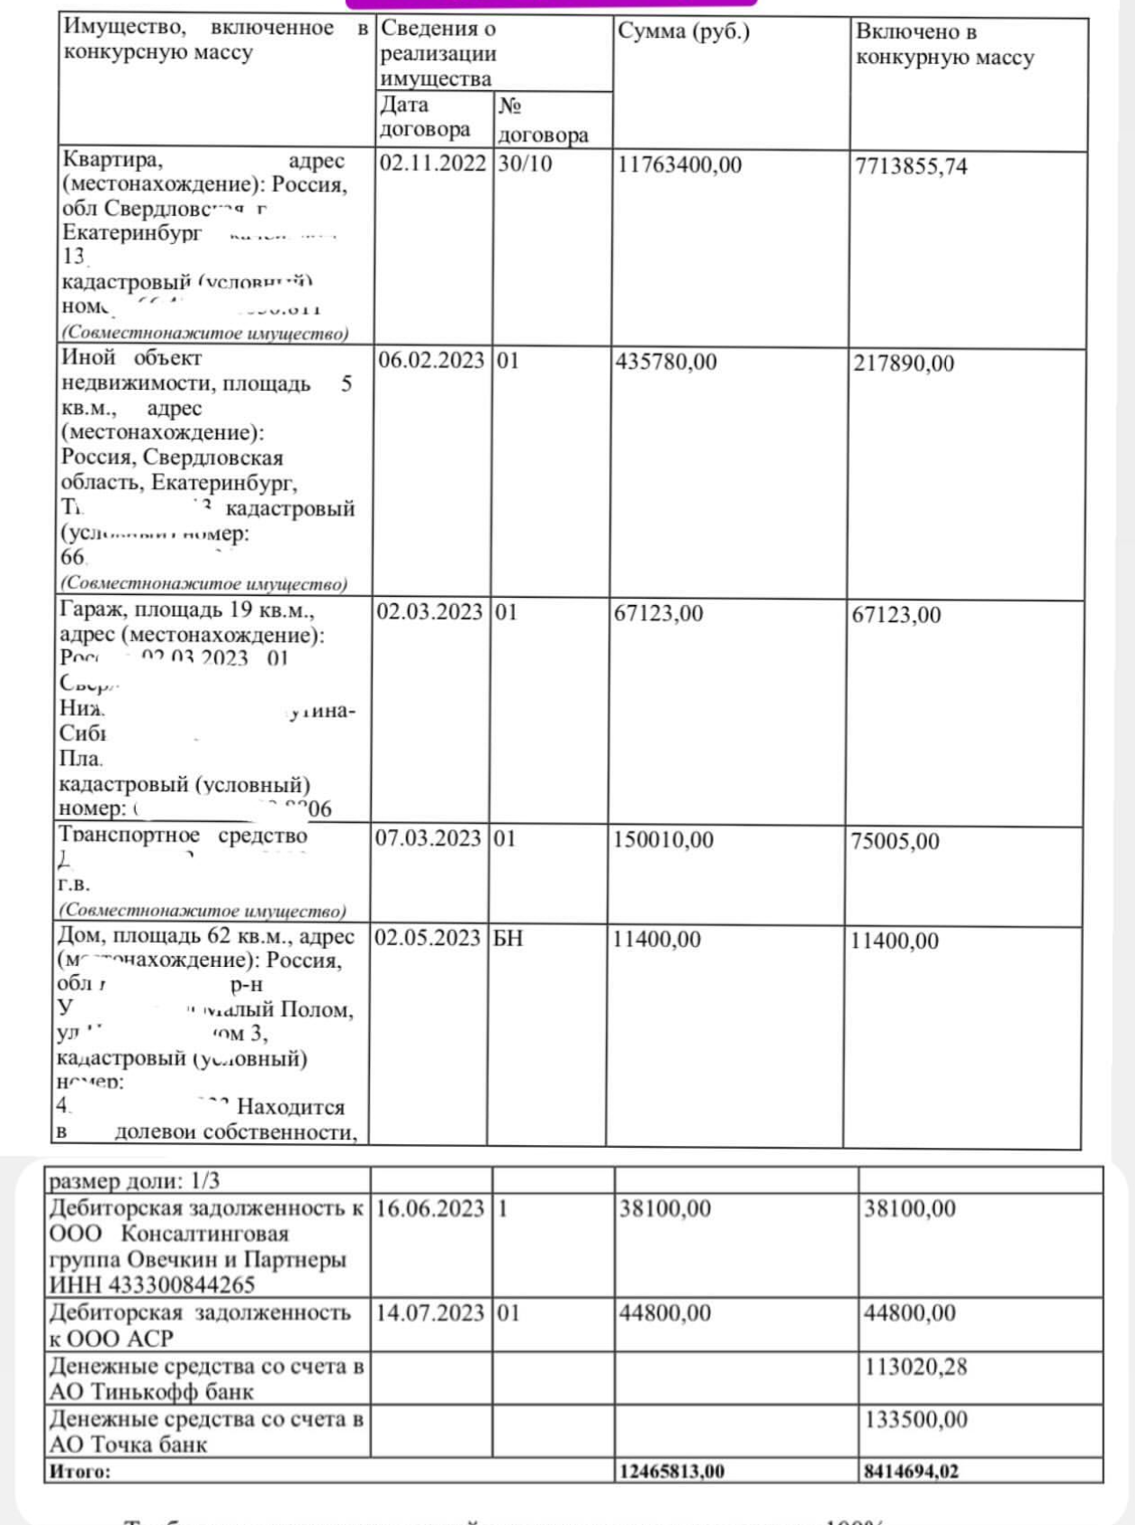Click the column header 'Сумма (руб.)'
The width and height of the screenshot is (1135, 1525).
click(683, 32)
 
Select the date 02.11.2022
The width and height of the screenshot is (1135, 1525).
click(433, 164)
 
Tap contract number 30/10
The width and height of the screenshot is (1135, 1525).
click(525, 164)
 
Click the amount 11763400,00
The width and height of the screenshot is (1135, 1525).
click(680, 166)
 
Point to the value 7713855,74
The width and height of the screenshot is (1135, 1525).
click(911, 167)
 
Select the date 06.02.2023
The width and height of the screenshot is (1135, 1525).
click(431, 361)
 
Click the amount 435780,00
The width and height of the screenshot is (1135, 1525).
click(666, 362)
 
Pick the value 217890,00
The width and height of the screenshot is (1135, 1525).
click(904, 364)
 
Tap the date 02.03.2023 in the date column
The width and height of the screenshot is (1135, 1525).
click(429, 612)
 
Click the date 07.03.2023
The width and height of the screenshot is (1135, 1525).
click(428, 839)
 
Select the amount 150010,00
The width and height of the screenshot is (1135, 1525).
click(663, 840)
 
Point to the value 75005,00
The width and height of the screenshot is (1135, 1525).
click(895, 842)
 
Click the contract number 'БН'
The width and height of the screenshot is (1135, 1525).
click(508, 938)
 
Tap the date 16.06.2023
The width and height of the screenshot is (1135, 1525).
click(429, 1208)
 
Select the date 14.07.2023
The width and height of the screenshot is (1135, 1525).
click(429, 1313)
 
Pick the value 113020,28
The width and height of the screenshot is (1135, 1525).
click(915, 1367)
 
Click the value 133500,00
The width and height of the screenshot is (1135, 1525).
click(915, 1420)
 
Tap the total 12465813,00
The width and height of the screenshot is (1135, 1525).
click(671, 1471)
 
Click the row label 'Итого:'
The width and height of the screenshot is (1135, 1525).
click(79, 1471)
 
